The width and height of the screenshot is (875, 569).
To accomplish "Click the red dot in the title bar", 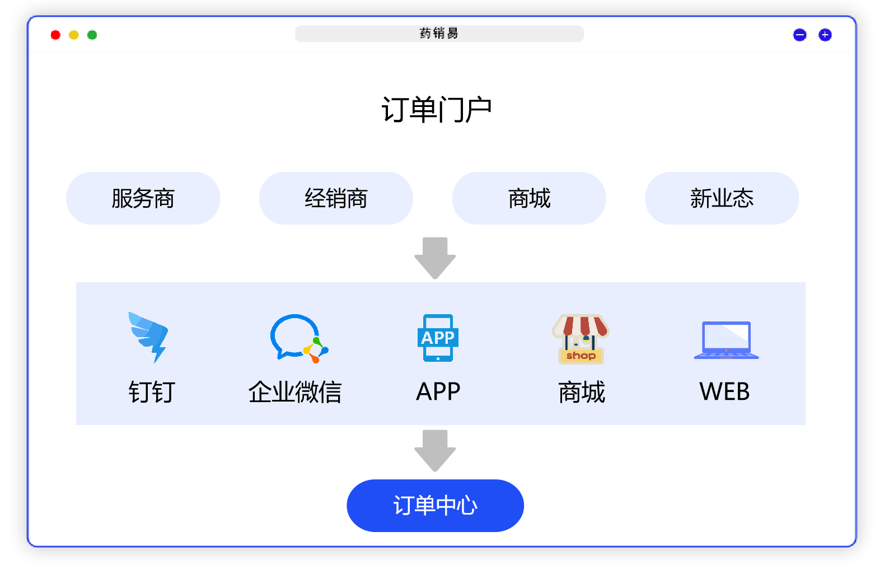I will (x=55, y=35).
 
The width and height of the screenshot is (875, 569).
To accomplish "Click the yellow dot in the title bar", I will (x=73, y=35).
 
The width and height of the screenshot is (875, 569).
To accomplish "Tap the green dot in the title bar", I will (x=92, y=35).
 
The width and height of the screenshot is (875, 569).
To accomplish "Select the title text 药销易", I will (x=439, y=34).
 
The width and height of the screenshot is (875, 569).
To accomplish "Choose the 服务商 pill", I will (x=143, y=198).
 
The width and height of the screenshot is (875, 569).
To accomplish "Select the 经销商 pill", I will (x=336, y=198).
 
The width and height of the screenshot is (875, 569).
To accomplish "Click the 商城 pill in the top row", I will (x=529, y=198).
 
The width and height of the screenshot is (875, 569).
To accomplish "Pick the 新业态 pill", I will (x=722, y=198).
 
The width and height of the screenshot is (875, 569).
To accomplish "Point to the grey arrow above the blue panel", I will (x=435, y=258).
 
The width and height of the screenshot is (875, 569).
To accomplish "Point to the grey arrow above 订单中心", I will (x=435, y=450).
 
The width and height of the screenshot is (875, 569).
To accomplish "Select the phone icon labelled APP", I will (x=438, y=338).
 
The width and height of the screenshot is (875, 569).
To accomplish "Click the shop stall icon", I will (x=581, y=339).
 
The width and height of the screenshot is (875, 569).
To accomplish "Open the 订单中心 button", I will (x=435, y=505).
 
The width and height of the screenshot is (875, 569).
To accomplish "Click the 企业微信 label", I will (x=295, y=392).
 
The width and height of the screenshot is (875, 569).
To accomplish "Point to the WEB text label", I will (x=724, y=392).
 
